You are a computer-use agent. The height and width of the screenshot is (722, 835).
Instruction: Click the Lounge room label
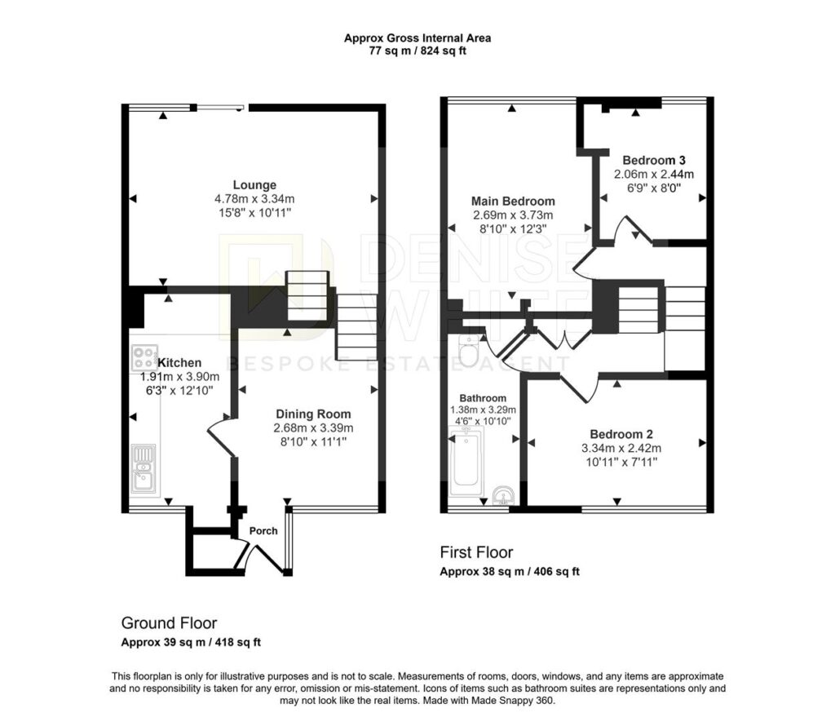coord(254,185)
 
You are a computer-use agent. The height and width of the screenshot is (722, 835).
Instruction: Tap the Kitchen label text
coord(179,363)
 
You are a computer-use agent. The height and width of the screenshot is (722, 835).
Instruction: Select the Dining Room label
coord(313,414)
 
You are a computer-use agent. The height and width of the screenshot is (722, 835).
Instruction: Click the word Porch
coord(263,531)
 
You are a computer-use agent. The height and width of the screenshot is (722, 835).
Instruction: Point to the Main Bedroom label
coord(513,201)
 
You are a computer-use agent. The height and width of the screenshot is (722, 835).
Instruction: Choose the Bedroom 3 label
coord(654,160)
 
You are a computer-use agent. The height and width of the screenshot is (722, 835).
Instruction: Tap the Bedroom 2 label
coord(621,434)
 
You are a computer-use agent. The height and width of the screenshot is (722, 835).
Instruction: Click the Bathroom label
coord(483,398)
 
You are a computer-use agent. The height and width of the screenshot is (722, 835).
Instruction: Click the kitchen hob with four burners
coord(145,357)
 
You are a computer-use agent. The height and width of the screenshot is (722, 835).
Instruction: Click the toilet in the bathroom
coord(469,351)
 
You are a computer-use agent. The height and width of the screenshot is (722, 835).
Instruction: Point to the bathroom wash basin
coord(503,495)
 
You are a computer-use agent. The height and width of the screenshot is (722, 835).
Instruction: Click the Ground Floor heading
coord(170,623)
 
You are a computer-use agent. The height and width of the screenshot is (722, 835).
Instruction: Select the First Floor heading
coord(476,552)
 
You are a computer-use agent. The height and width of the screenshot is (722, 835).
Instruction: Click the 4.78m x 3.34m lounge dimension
coord(254,199)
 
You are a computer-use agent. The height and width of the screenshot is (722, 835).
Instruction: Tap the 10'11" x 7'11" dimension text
coord(621,462)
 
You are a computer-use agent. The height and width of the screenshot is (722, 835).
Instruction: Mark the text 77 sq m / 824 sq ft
coord(417,51)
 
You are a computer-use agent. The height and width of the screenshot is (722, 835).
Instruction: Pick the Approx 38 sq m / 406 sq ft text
coord(510,572)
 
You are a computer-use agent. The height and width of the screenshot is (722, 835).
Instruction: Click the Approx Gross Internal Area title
coord(417,38)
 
